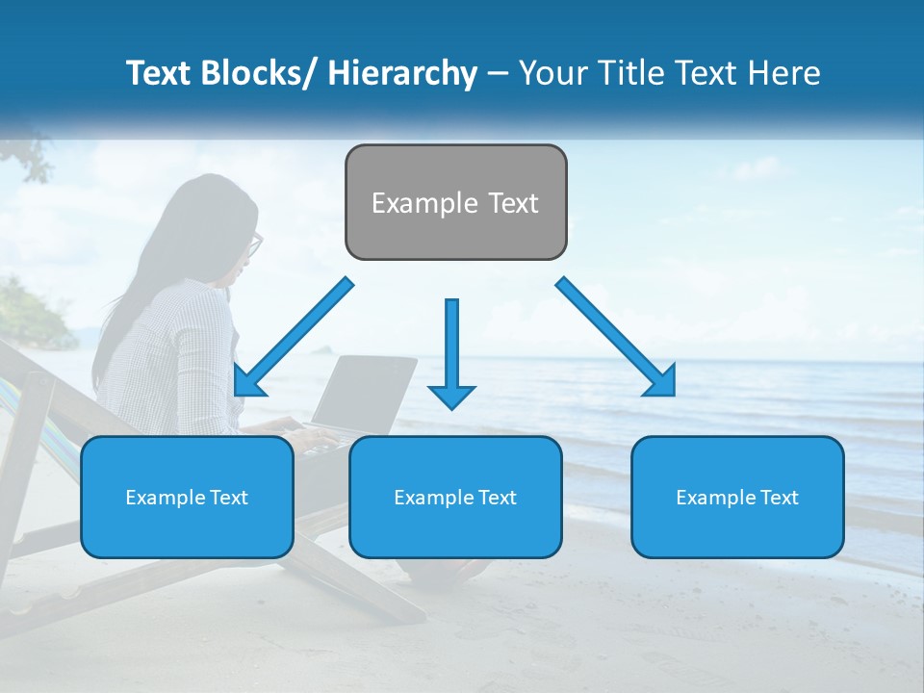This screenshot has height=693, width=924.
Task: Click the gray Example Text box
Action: (455, 202)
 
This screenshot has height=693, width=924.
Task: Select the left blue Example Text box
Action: (187, 497)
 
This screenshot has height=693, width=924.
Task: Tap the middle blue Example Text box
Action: (455, 497)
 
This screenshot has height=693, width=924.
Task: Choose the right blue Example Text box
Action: (737, 497)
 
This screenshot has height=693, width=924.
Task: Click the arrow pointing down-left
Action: (293, 337)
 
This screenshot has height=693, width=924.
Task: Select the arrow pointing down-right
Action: (616, 337)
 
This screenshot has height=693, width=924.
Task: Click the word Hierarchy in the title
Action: (402, 73)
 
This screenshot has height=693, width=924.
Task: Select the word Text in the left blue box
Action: (228, 498)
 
